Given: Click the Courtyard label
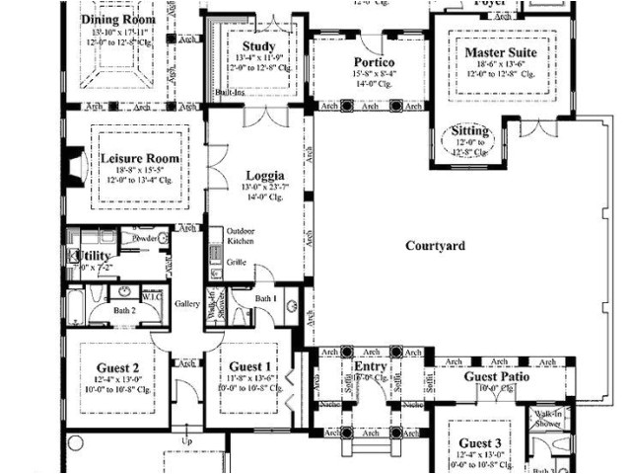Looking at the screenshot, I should (x=435, y=246).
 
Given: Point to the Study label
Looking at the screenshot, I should (x=258, y=45).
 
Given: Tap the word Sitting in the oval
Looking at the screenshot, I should (x=469, y=130).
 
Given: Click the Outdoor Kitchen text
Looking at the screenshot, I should (x=242, y=235).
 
